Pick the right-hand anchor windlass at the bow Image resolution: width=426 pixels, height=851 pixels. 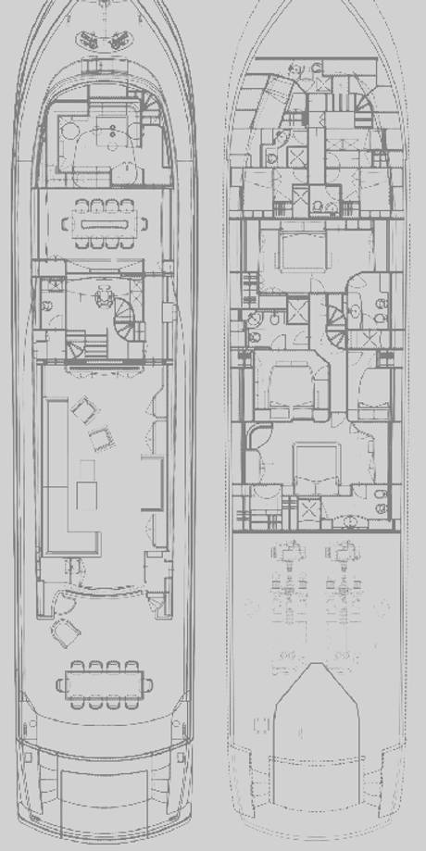point(121,39)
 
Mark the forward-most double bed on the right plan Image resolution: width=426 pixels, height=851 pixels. point(293,250)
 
